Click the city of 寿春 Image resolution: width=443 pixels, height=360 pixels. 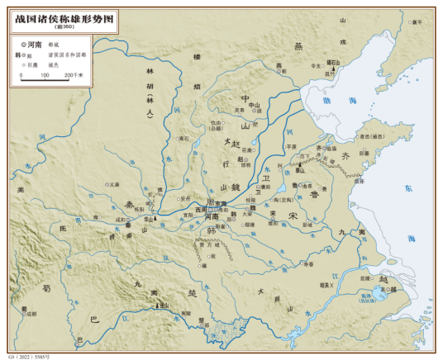[308, 265]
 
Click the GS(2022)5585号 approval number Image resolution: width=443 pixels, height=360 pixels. [28, 355]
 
